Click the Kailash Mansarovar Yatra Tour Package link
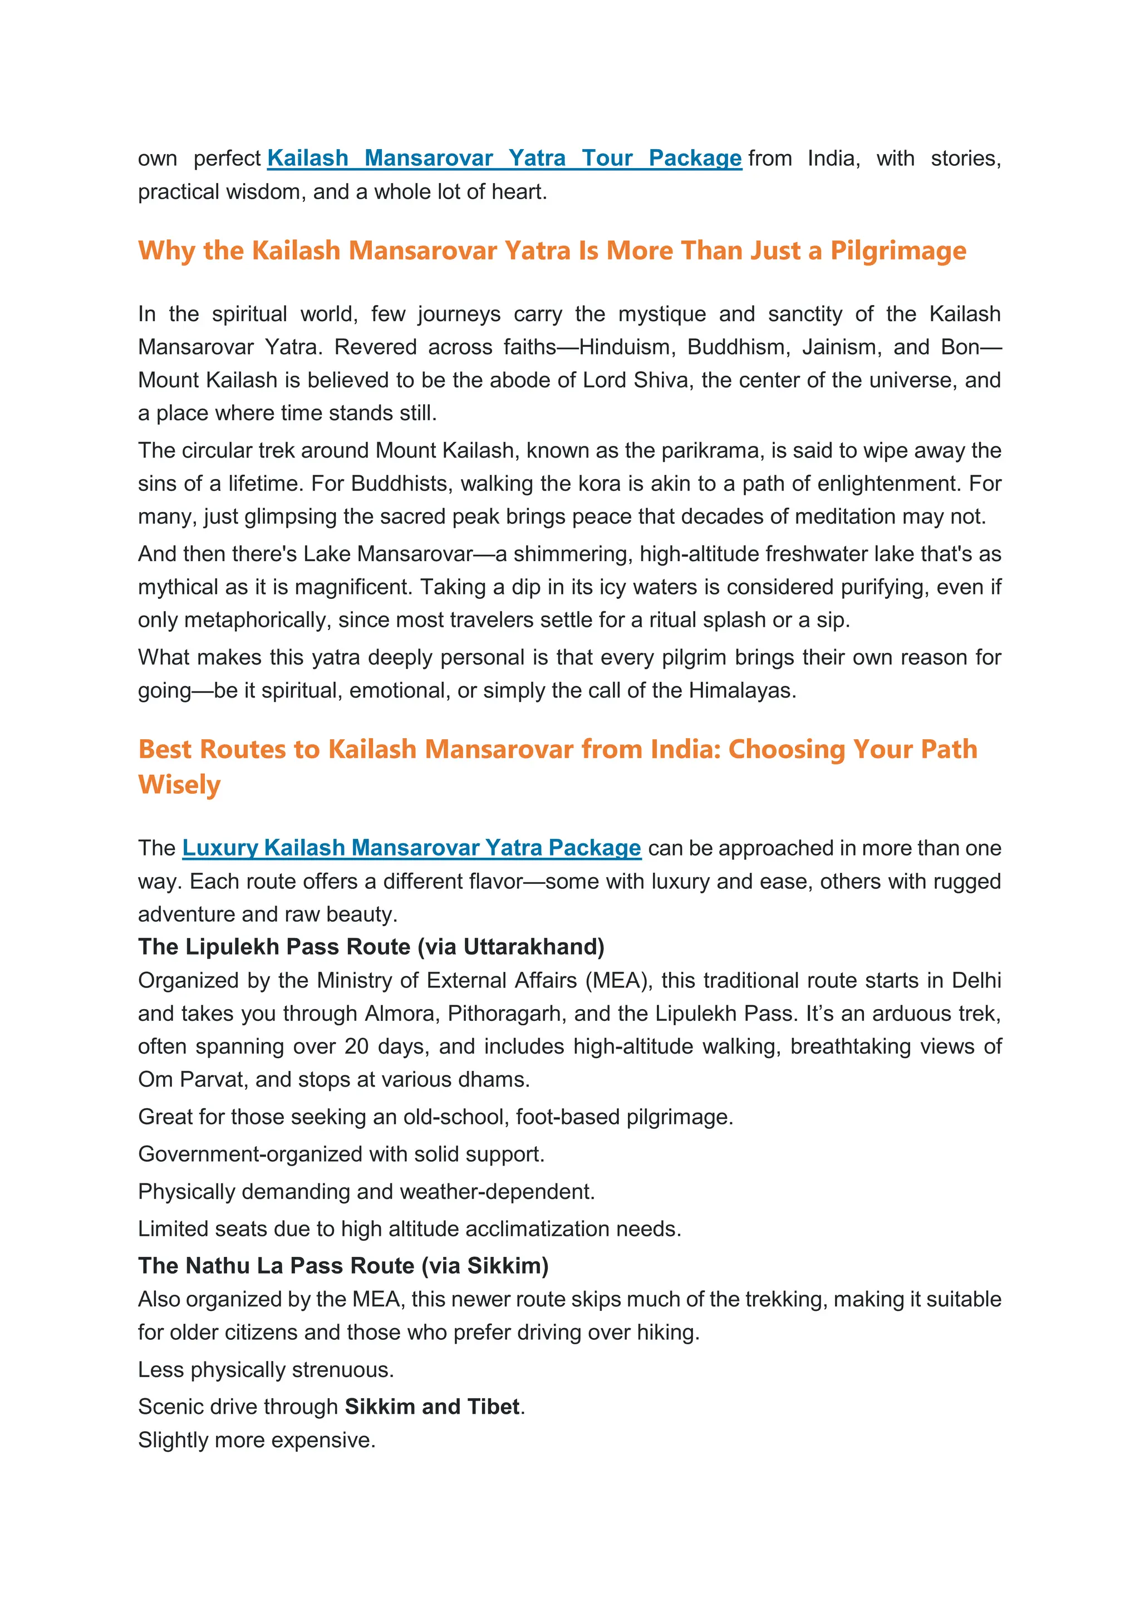pyautogui.click(x=504, y=159)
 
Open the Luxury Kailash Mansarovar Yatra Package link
pyautogui.click(x=411, y=848)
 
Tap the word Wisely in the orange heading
pyautogui.click(x=179, y=784)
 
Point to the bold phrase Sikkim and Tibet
pyautogui.click(x=433, y=1407)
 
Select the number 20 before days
pyautogui.click(x=357, y=1047)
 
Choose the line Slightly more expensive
pyautogui.click(x=257, y=1440)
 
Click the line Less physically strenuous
pyautogui.click(x=266, y=1370)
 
